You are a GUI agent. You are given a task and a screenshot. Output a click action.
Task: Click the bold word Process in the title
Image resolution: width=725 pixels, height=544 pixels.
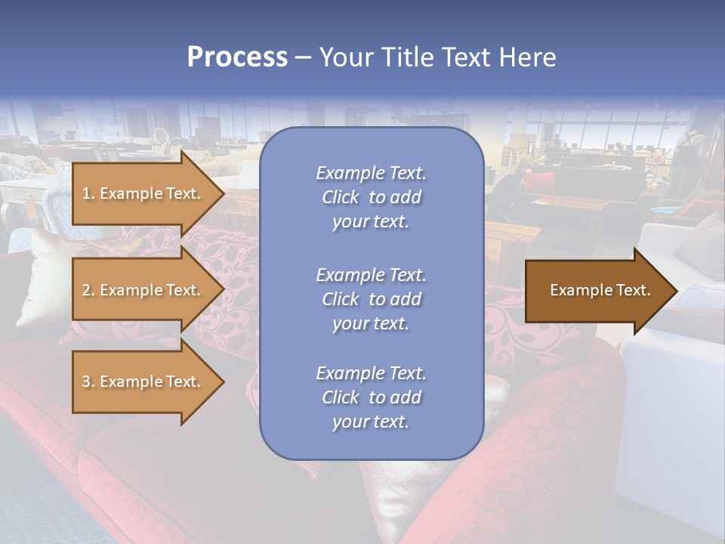[237, 57]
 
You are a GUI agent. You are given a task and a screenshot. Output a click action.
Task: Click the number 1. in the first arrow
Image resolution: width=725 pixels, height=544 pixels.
[88, 193]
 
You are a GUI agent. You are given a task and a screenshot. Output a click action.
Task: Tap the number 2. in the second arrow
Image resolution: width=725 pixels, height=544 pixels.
[88, 290]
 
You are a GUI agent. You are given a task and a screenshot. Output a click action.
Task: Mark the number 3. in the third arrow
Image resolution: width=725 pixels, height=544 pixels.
[88, 382]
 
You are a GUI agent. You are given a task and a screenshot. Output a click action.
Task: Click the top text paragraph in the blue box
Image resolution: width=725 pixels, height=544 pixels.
[371, 197]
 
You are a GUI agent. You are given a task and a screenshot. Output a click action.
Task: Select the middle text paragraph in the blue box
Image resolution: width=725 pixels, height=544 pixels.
[371, 299]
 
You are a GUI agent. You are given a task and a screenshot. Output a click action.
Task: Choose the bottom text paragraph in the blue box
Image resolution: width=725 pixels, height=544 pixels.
[371, 397]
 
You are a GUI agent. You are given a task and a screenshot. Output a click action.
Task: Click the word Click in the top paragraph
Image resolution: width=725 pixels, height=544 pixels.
[340, 197]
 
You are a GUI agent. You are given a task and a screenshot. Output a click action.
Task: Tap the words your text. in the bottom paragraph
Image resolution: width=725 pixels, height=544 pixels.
[371, 422]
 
